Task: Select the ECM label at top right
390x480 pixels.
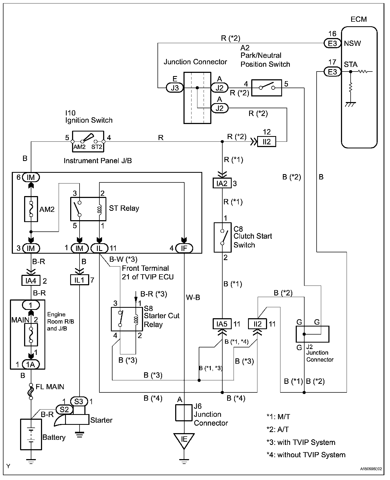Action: [x=359, y=19]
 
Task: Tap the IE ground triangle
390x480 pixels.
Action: [x=184, y=441]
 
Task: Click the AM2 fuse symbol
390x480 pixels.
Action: [x=31, y=209]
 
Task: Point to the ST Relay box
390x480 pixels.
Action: [x=88, y=209]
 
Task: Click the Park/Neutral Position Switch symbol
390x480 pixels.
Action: [x=267, y=88]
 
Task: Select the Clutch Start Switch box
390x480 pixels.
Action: [x=222, y=237]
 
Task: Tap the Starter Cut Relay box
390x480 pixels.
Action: [x=127, y=319]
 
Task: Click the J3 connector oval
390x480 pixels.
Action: [x=175, y=88]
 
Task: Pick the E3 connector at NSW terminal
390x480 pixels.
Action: [x=332, y=43]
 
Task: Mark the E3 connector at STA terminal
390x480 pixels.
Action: [x=332, y=72]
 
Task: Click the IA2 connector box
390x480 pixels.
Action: [x=222, y=183]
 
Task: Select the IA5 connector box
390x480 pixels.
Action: [x=222, y=324]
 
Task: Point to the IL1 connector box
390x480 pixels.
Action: [x=80, y=280]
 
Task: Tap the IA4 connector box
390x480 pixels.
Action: [x=31, y=281]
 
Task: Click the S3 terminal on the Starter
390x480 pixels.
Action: [x=79, y=402]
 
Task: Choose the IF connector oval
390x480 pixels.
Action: [x=184, y=248]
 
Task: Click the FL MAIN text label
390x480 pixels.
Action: [x=50, y=387]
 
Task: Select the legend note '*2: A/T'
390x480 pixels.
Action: [x=278, y=429]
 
